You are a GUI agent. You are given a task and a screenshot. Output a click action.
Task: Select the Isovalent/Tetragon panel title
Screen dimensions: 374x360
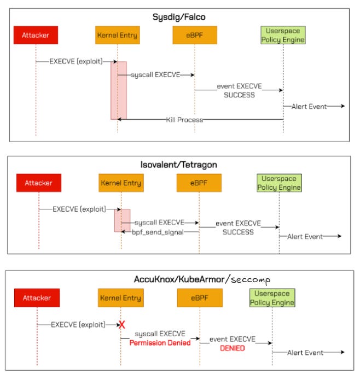tap(180, 164)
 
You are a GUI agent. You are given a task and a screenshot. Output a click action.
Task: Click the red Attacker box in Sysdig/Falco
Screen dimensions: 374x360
tap(36, 36)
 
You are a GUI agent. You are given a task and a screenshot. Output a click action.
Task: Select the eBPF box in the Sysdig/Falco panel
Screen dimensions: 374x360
tap(195, 36)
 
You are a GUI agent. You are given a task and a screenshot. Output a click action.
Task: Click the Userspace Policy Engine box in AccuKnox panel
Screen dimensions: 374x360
tap(272, 298)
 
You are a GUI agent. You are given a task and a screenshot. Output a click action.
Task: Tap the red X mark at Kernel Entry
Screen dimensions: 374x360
tap(122, 325)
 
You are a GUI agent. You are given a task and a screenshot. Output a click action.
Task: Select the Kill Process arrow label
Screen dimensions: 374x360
tap(184, 119)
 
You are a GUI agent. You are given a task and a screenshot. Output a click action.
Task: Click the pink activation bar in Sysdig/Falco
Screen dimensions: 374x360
tap(119, 90)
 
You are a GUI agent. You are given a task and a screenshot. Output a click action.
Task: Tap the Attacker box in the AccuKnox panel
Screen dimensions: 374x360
tap(37, 298)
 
